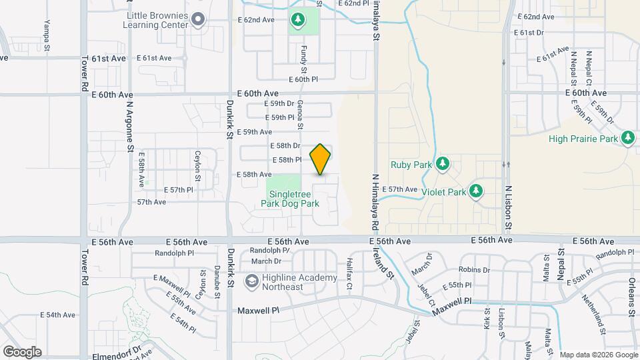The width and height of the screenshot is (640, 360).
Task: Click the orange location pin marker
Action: click(x=321, y=159)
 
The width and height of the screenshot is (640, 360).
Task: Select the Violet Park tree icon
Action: click(x=475, y=192)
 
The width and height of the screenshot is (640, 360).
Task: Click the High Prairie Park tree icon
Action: click(x=627, y=139)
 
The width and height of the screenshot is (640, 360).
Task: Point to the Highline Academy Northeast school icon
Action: click(x=251, y=282)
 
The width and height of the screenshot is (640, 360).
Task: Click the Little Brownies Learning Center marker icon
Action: click(x=198, y=19)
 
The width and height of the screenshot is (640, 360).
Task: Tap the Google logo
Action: click(x=22, y=351)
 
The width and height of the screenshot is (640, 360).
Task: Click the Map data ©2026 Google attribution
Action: click(x=598, y=355)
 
